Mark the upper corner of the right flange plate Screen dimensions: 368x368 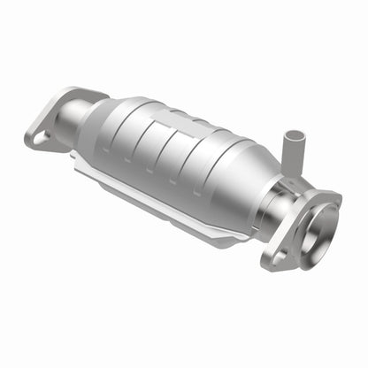333,195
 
